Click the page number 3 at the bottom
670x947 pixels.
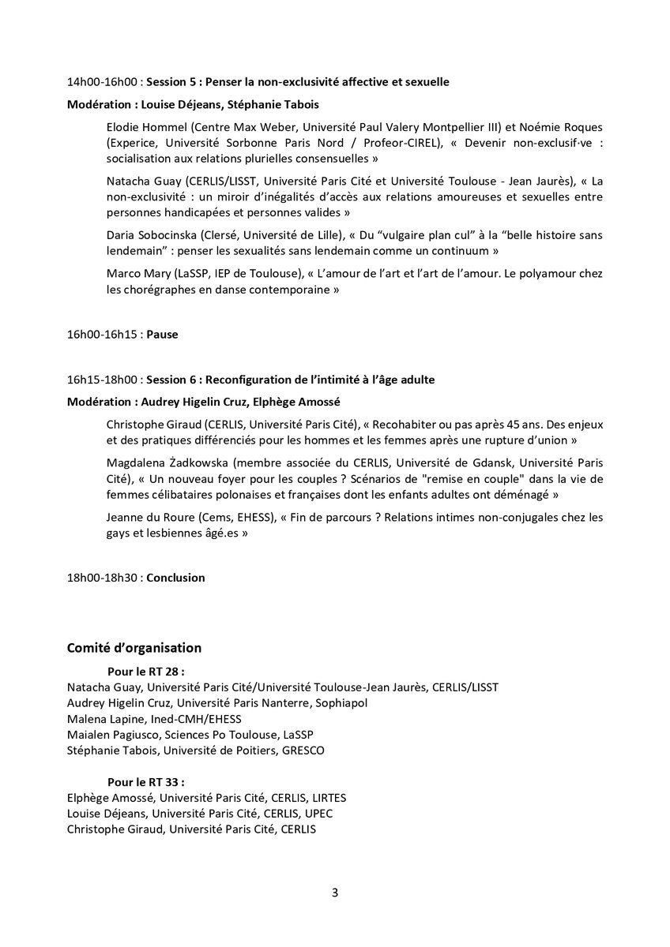pos(335,893)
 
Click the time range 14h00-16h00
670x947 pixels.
pos(104,81)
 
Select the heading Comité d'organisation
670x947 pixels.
pos(134,648)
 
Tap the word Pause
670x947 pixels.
pos(162,334)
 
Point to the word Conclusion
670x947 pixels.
pos(175,577)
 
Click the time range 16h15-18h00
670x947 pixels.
pos(104,380)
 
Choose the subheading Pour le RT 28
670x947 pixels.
pos(145,671)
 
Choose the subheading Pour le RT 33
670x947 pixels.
pos(145,781)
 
